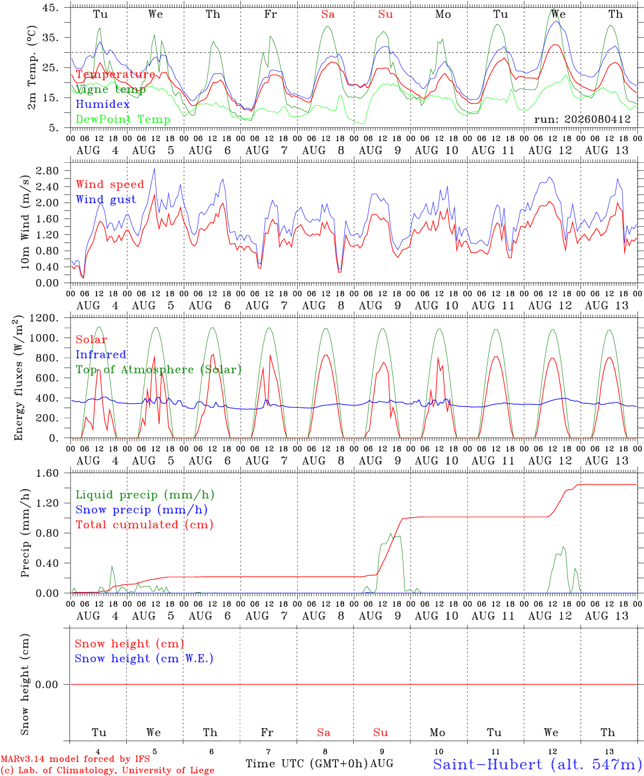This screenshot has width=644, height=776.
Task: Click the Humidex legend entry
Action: (x=102, y=104)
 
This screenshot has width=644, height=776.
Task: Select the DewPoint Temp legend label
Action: (x=123, y=119)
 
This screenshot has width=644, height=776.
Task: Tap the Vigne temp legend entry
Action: (x=111, y=89)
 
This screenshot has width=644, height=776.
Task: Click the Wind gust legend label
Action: (x=106, y=199)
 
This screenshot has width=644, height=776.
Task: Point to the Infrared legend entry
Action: (x=101, y=354)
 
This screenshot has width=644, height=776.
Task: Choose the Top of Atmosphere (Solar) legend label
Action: (x=159, y=370)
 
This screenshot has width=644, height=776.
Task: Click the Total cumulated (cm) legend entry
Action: (x=145, y=524)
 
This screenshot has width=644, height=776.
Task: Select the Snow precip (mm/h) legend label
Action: (x=141, y=510)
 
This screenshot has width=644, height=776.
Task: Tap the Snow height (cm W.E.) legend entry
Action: (x=143, y=658)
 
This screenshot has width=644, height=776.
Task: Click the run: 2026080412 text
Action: (x=582, y=119)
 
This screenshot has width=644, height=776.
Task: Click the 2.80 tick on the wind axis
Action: (x=47, y=171)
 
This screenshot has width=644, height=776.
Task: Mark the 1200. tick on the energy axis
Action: (x=44, y=318)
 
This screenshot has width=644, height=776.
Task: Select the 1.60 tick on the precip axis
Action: (x=47, y=473)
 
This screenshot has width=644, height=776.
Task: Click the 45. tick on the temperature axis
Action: (x=50, y=8)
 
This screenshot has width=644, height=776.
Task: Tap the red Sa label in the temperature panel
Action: (x=328, y=14)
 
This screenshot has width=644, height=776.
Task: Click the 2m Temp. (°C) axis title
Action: (x=32, y=67)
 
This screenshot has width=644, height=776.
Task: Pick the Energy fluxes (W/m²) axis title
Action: (x=18, y=378)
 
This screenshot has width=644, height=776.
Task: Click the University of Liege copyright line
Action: (x=107, y=770)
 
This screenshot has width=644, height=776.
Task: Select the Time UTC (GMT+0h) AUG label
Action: (x=319, y=764)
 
